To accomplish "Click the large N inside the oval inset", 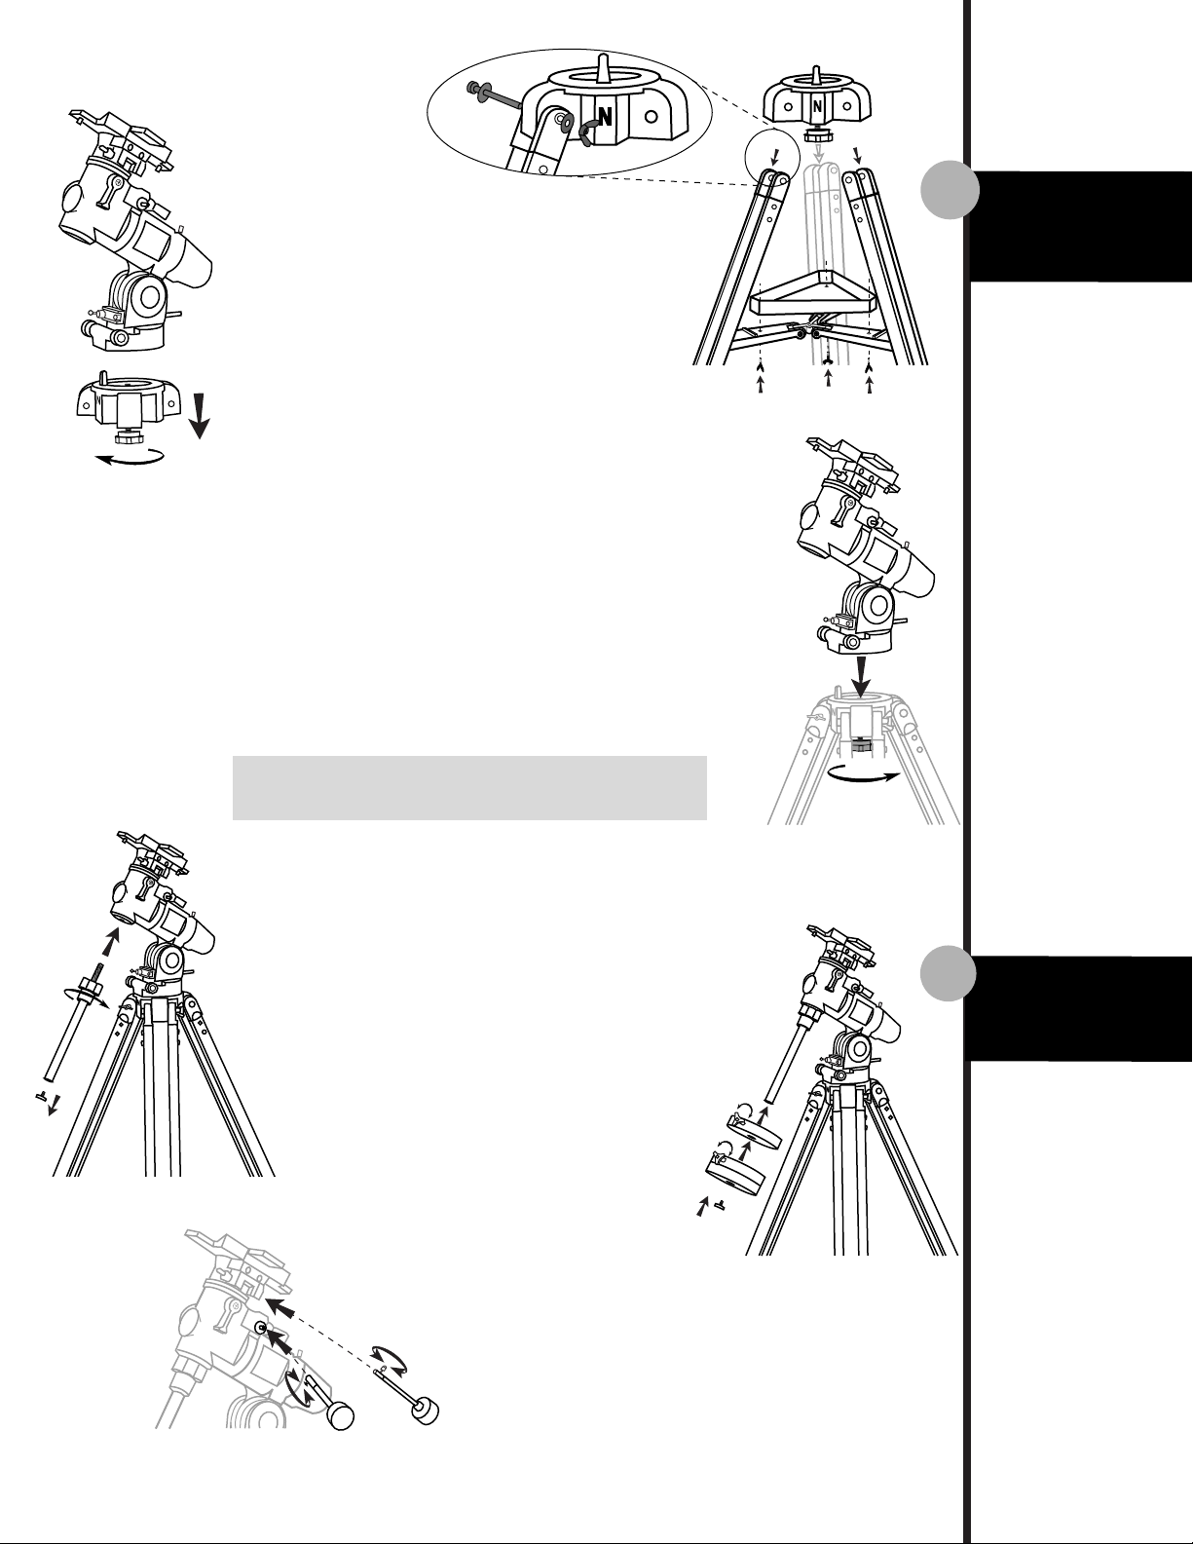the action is coord(605,116).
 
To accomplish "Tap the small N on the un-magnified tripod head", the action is coord(817,107).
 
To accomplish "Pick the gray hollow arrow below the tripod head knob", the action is coord(819,151).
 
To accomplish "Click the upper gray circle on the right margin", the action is coord(950,190).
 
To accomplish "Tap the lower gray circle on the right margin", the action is coord(950,973).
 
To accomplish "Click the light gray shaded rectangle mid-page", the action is coord(469,788).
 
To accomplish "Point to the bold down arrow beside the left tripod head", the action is coord(200,416).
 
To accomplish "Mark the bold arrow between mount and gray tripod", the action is coord(861,677).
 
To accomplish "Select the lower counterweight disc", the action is coord(735,1174).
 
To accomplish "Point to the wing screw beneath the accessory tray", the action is coord(827,364).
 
